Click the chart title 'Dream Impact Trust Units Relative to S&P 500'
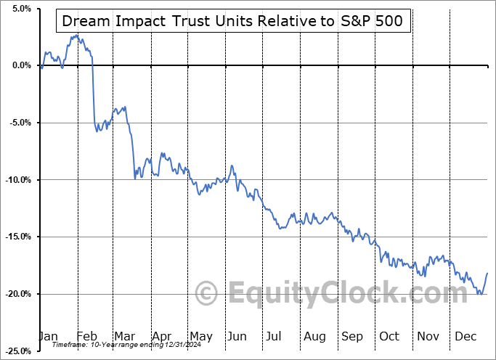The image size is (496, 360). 233,21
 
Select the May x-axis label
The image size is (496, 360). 200,336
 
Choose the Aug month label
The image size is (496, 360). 314,336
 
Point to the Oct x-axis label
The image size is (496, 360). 389,336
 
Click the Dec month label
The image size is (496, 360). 466,336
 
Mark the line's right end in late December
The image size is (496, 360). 487,273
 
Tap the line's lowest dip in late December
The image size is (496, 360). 480,294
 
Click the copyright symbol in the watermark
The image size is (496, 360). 208,293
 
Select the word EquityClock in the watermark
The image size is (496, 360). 312,293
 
